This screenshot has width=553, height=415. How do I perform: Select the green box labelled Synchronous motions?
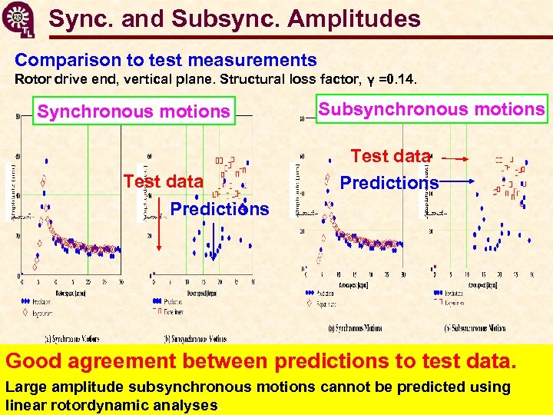(134, 112)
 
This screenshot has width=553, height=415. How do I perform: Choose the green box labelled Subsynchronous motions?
(432, 109)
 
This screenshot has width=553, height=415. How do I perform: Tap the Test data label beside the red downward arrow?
(164, 182)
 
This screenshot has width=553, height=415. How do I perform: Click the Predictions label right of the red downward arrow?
(219, 209)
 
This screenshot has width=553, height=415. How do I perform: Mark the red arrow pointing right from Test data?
(455, 158)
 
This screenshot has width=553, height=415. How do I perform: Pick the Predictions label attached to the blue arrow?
(389, 183)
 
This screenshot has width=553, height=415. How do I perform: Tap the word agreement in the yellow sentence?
(135, 360)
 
